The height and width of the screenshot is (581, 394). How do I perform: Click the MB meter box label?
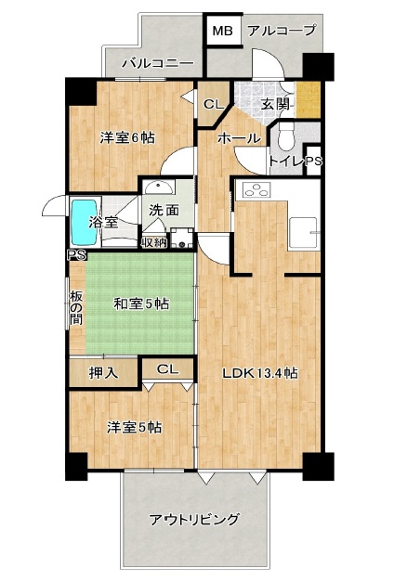click(223, 32)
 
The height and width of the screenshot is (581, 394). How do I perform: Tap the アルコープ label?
click(282, 30)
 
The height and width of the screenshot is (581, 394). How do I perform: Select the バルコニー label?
click(158, 63)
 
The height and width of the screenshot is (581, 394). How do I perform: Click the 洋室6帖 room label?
click(127, 138)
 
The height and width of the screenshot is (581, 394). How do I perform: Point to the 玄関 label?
click(274, 104)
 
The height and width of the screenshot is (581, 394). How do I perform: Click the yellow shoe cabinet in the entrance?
click(308, 99)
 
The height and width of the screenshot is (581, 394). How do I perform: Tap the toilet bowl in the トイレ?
click(286, 136)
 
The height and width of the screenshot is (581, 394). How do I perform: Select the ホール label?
click(238, 138)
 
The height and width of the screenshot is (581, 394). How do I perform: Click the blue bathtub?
click(85, 223)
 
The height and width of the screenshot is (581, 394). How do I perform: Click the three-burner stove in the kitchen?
click(256, 190)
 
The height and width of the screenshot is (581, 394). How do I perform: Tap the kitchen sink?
click(303, 232)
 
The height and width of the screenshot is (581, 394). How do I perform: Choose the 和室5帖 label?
click(141, 304)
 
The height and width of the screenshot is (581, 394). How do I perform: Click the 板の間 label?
click(75, 307)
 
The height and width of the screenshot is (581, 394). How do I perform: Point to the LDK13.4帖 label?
click(260, 373)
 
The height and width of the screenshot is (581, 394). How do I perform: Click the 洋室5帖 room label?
click(135, 427)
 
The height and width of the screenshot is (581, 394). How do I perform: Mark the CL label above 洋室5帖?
click(167, 369)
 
